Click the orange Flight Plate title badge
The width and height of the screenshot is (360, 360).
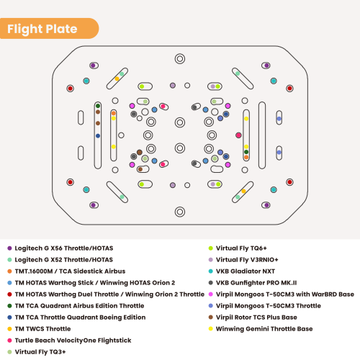(49, 30)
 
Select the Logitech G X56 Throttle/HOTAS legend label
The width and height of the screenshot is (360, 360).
(64, 248)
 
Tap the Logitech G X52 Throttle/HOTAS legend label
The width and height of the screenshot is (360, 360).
(64, 259)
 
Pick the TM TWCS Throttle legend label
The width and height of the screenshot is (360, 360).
(43, 328)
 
